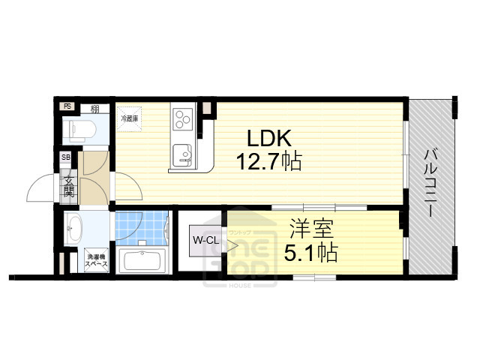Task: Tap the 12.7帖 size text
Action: click(268, 161)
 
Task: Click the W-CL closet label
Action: click(205, 241)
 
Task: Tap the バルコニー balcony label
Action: click(432, 183)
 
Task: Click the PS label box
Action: click(67, 106)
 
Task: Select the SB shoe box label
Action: click(66, 157)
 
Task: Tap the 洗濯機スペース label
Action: click(95, 259)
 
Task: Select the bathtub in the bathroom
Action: click(143, 262)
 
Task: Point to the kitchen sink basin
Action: click(182, 155)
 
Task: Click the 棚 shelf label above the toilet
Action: click(94, 109)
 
